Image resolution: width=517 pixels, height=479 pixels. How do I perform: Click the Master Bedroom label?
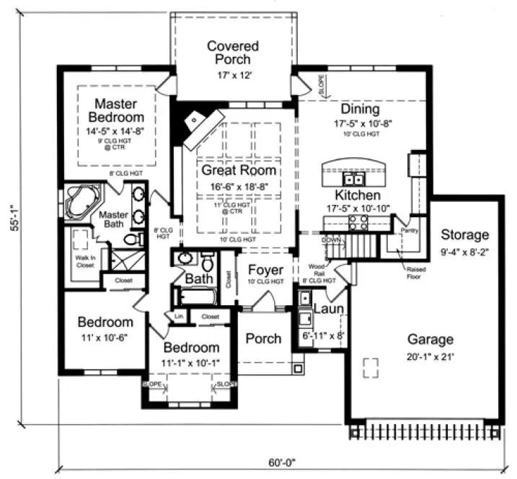pyautogui.click(x=116, y=110)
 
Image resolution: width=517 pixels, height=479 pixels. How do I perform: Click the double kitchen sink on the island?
pyautogui.click(x=354, y=178)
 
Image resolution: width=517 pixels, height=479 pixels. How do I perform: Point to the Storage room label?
pyautogui.click(x=464, y=234)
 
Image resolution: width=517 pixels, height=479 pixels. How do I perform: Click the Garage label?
pyautogui.click(x=430, y=339)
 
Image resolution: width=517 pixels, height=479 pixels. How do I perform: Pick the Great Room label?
pyautogui.click(x=238, y=170)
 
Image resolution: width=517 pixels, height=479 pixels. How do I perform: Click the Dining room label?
pyautogui.click(x=360, y=110)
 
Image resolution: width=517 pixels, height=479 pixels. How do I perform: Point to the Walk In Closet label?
pyautogui.click(x=85, y=261)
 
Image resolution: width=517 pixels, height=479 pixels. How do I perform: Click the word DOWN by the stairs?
pyautogui.click(x=331, y=239)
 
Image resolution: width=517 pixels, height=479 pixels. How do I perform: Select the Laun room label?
pyautogui.click(x=327, y=309)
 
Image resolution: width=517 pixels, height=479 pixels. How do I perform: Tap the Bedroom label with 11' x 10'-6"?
pyautogui.click(x=105, y=322)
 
